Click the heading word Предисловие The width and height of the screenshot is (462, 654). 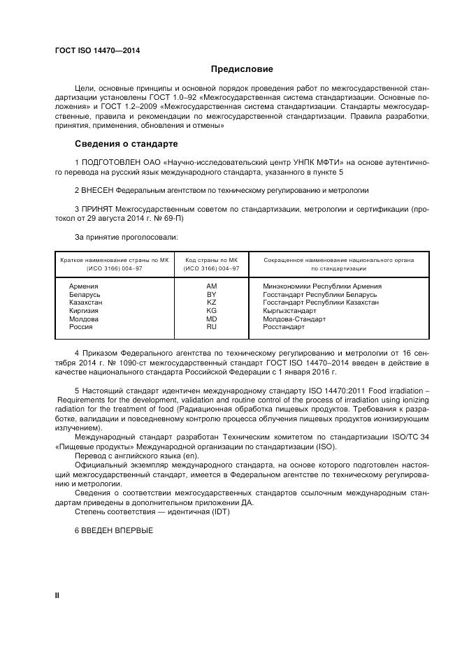[x=242, y=69]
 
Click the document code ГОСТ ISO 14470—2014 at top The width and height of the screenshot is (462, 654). [x=96, y=51]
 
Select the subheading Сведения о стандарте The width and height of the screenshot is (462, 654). [x=126, y=144]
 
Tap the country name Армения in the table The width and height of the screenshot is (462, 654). [x=83, y=286]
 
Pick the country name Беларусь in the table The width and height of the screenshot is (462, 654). [x=85, y=295]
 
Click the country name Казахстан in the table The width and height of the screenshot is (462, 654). [x=86, y=303]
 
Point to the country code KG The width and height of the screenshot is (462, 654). [x=211, y=310]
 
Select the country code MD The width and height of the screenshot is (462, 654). [x=211, y=319]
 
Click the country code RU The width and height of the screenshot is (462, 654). [x=211, y=326]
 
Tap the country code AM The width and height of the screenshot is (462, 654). [x=211, y=286]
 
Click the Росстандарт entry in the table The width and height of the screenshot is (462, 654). [x=284, y=326]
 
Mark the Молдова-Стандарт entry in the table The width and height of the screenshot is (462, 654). [x=294, y=319]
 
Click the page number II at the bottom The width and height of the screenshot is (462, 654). [x=57, y=595]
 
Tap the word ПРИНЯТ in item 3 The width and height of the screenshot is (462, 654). [x=99, y=209]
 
